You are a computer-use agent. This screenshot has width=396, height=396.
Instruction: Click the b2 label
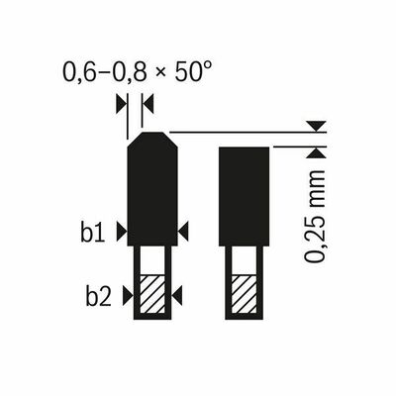click(96, 294)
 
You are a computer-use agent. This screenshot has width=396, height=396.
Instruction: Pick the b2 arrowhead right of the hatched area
click(178, 294)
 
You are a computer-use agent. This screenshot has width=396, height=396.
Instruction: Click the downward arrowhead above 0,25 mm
click(315, 126)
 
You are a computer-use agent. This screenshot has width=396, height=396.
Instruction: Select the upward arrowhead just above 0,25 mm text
click(315, 151)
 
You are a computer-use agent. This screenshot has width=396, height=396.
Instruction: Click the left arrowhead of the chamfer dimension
click(121, 102)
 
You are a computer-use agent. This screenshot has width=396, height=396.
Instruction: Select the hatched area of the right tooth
click(243, 294)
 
